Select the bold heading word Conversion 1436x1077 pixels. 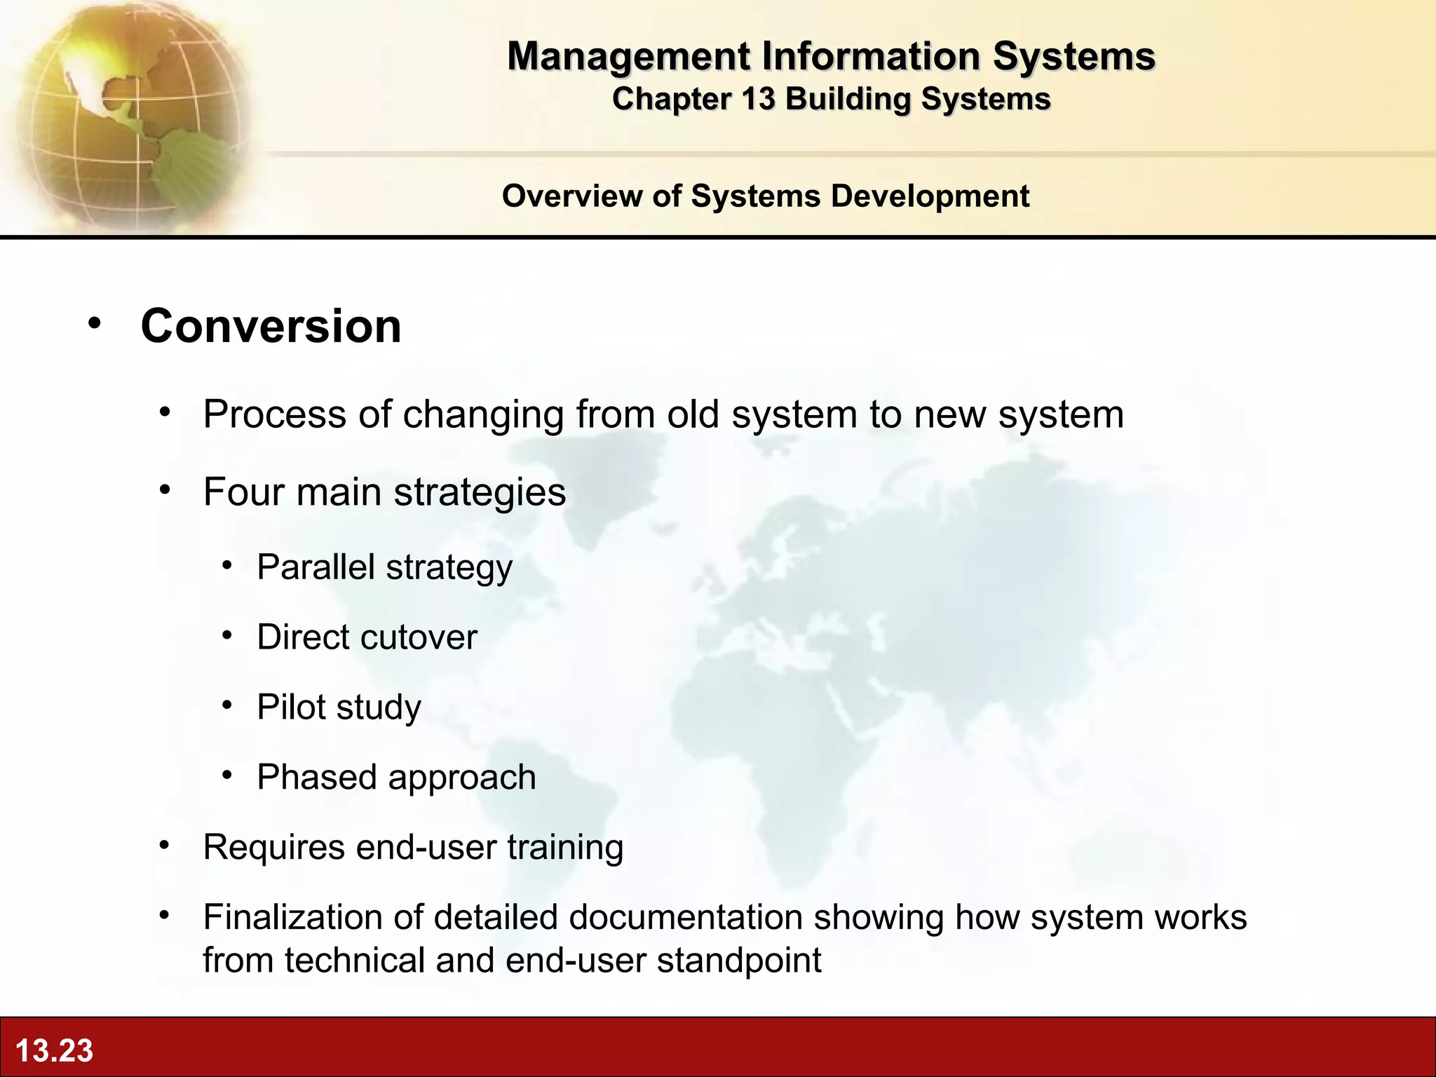[x=271, y=326]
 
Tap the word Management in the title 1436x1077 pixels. [x=629, y=56]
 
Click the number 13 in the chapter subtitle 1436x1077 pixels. [x=757, y=99]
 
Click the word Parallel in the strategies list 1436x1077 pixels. [x=316, y=567]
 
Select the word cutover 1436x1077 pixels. [x=424, y=637]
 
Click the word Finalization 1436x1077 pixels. [x=313, y=917]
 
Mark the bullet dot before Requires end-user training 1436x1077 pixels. [x=164, y=846]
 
